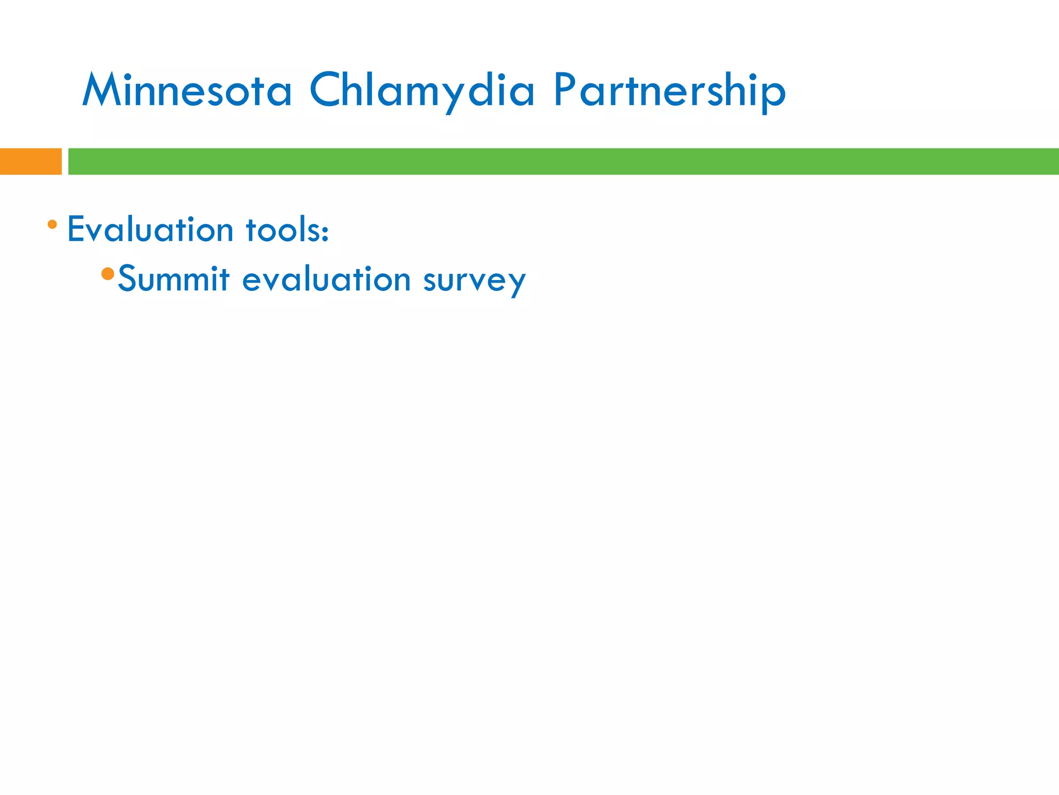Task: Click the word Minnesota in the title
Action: (x=187, y=90)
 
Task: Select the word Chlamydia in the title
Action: (x=421, y=90)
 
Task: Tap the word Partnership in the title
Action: (x=669, y=90)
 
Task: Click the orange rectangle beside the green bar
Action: (x=31, y=161)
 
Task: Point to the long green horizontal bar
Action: (x=564, y=161)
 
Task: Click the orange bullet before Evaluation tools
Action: (x=52, y=225)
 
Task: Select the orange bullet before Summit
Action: (x=108, y=274)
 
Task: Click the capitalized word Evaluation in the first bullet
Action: (x=150, y=229)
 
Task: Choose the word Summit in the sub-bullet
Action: (x=174, y=279)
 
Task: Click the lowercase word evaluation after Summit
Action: (x=326, y=279)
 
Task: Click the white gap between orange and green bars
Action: (x=65, y=161)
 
